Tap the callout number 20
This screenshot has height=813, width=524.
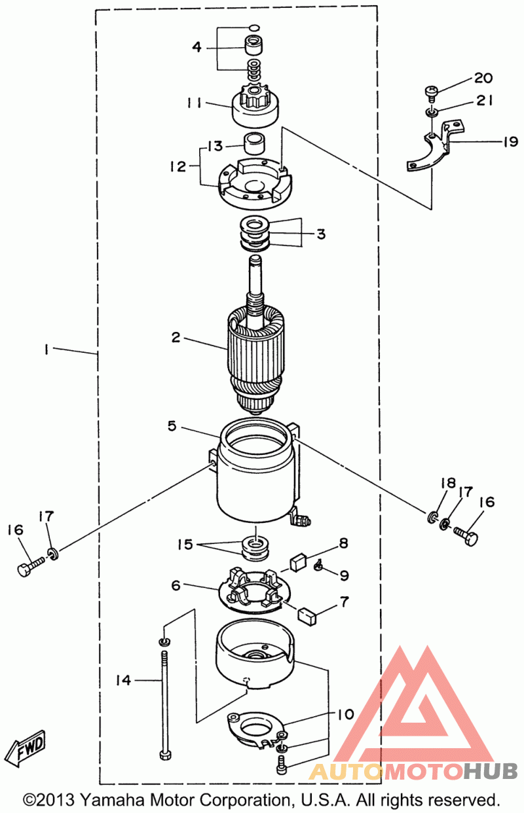pos(483,78)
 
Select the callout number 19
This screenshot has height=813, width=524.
pos(510,142)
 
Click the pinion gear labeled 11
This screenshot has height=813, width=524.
pos(256,107)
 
